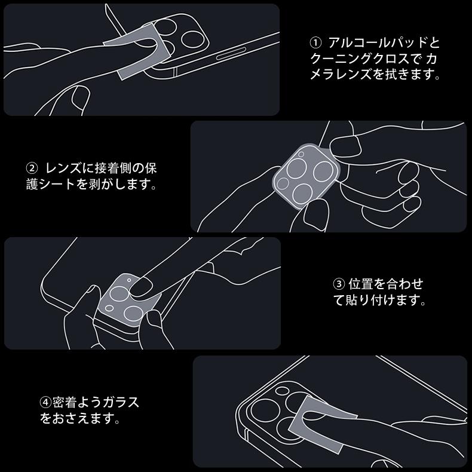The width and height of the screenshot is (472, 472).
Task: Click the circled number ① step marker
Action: (x=315, y=44)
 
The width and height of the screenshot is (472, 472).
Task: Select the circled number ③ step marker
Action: (x=339, y=284)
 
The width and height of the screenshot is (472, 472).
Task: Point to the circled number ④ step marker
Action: (x=45, y=402)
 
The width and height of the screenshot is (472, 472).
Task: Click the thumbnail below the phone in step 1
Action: (x=80, y=97)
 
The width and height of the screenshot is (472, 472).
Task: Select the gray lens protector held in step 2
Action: (x=305, y=177)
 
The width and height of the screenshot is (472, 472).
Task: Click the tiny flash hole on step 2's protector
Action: (x=301, y=154)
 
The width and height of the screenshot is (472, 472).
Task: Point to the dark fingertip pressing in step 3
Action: (x=141, y=287)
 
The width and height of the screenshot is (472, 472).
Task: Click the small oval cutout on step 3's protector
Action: (x=109, y=308)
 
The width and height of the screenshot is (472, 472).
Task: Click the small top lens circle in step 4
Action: (x=282, y=390)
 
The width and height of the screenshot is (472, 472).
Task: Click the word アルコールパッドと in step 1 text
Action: (x=384, y=43)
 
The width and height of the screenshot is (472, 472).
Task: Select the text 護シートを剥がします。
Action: (x=91, y=184)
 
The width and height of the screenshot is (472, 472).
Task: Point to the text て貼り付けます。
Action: (x=379, y=299)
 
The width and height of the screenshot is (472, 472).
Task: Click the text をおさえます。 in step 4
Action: (x=80, y=418)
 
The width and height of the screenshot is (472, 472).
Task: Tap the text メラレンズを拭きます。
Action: (x=375, y=74)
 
